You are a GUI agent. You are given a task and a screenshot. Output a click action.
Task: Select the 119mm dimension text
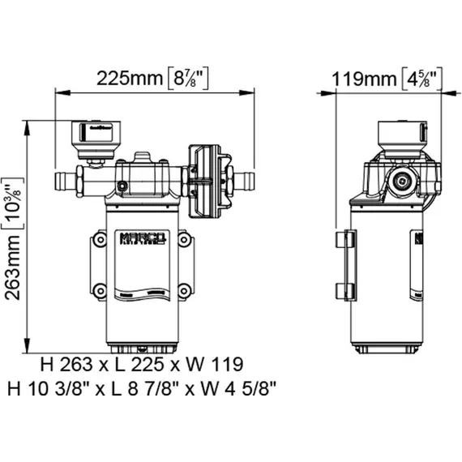tap(365, 79)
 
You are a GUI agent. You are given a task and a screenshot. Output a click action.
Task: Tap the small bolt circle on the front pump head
tap(122, 187)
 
